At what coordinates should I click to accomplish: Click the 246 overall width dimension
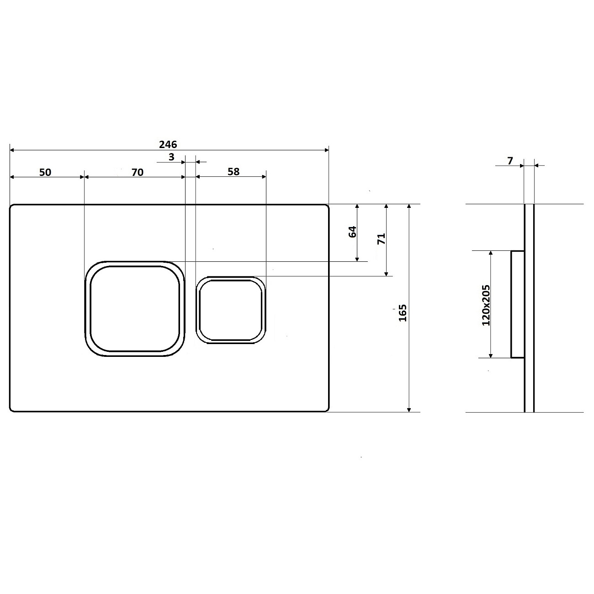tap(168, 144)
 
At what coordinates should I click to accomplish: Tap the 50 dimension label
tap(45, 172)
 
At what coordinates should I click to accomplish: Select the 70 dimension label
tap(138, 172)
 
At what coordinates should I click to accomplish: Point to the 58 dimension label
tap(233, 171)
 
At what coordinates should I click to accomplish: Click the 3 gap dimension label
tap(171, 157)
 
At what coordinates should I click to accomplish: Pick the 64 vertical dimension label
tap(353, 232)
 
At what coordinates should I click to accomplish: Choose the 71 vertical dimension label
tap(382, 238)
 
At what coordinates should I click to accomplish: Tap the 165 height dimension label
tap(403, 313)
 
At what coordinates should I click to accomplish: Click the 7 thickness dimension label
tap(510, 161)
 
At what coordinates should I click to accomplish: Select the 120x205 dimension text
tap(486, 305)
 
